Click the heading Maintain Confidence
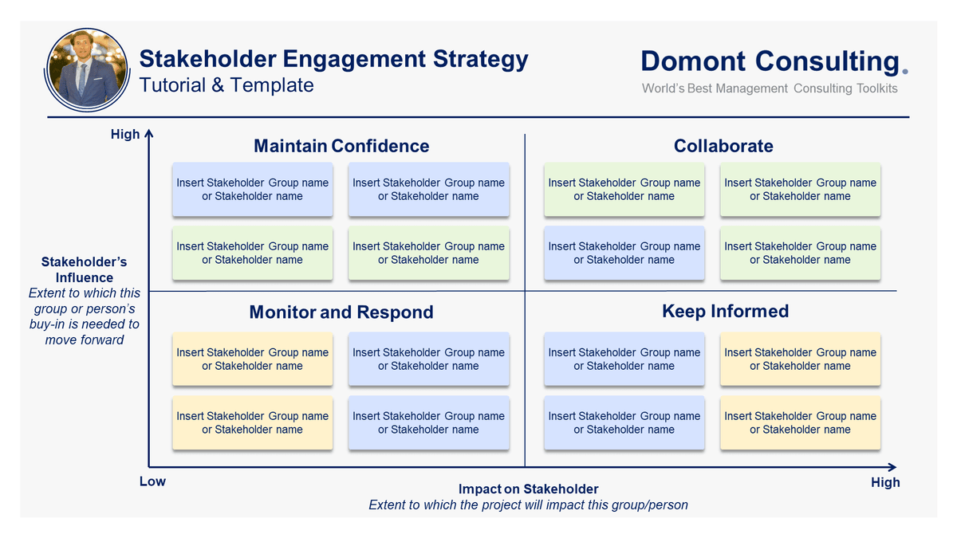coord(341,146)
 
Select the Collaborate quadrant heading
coord(723,146)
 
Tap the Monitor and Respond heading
coord(341,312)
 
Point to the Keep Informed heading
coord(725,311)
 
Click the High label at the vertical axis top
coord(125,135)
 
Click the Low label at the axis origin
coord(152,481)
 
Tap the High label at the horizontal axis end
coord(885,482)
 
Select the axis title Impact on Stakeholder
coord(528,489)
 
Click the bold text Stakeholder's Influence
coord(85,269)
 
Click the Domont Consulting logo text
coord(770,61)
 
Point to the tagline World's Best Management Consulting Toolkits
coord(770,88)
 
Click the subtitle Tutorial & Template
coord(226,85)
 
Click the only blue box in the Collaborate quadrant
coord(624,253)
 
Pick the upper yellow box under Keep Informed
coord(800,359)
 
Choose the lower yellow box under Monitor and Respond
coord(252,423)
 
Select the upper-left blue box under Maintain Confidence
coord(252,190)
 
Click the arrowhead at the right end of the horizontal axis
coord(892,467)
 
